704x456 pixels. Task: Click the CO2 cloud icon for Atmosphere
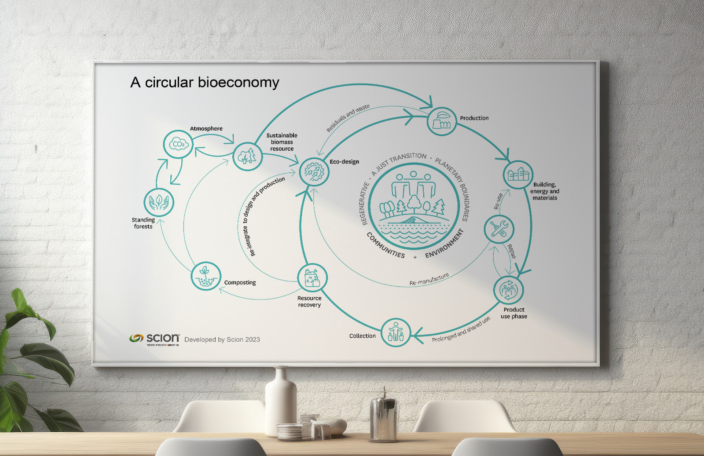click(x=178, y=144)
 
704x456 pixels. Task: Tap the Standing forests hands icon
click(x=159, y=203)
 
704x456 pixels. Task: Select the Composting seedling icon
click(x=206, y=276)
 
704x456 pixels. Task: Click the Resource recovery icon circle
click(x=312, y=278)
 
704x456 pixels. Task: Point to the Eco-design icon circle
click(x=314, y=171)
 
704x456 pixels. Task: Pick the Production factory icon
click(x=441, y=121)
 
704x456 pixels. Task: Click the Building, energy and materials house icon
click(x=518, y=175)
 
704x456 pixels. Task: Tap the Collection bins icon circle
click(x=396, y=333)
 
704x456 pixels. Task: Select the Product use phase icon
click(x=509, y=290)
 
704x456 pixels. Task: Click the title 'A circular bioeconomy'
click(x=205, y=83)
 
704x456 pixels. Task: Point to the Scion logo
click(x=154, y=339)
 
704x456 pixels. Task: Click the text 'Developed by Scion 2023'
click(x=222, y=339)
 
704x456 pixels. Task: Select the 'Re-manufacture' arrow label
click(x=429, y=279)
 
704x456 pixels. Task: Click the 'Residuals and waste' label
click(x=348, y=118)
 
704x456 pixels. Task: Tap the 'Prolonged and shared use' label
click(x=461, y=330)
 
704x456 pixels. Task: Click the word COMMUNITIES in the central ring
click(x=385, y=245)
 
